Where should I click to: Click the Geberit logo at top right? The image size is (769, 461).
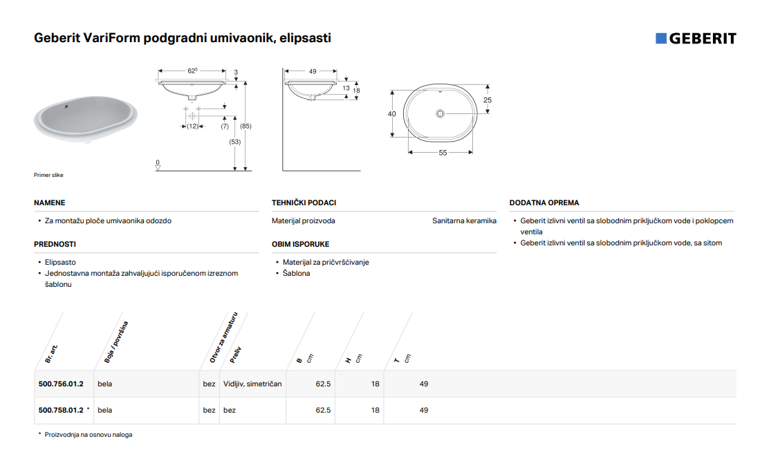[696, 38]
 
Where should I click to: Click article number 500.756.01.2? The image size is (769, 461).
[61, 384]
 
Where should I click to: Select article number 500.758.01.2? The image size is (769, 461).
[61, 410]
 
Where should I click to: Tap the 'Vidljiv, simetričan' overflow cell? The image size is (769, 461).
[252, 384]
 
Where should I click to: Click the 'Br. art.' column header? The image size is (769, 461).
[51, 354]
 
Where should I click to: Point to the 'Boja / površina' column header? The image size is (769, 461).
[115, 342]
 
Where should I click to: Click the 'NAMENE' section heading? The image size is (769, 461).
[50, 203]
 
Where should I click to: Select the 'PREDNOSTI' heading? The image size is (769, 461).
[55, 244]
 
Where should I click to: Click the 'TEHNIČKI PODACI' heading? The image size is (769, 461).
[304, 203]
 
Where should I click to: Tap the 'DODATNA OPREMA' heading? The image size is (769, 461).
[544, 203]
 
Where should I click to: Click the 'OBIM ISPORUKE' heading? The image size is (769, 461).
[301, 244]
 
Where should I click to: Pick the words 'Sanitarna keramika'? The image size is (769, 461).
[465, 221]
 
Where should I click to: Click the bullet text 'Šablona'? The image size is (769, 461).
[296, 274]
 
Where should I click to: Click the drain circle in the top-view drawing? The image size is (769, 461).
[440, 113]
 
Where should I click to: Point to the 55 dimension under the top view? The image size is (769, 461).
[443, 153]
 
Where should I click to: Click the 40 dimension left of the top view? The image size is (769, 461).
[392, 114]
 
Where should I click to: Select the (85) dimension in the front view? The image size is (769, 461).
[245, 126]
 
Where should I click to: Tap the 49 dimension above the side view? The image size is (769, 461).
[313, 71]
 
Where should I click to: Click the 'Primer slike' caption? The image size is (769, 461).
[48, 175]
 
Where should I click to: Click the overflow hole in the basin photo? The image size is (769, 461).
[66, 106]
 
